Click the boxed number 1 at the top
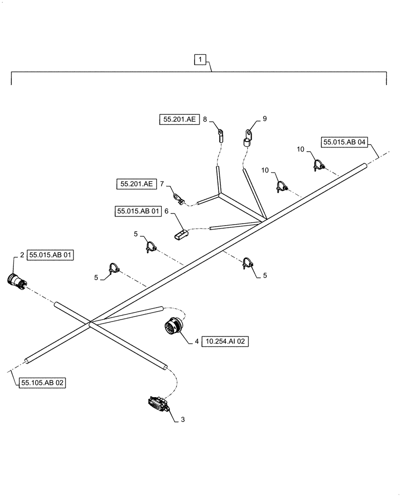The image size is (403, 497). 200,60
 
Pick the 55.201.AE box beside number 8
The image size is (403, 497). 179,119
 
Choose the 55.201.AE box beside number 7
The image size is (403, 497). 136,184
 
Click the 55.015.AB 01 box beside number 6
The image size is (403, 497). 138,211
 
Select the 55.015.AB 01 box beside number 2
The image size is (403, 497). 51,255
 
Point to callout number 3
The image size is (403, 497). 183,420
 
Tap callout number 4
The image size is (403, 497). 197,341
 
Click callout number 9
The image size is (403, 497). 265,119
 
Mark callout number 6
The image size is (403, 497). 166,211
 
